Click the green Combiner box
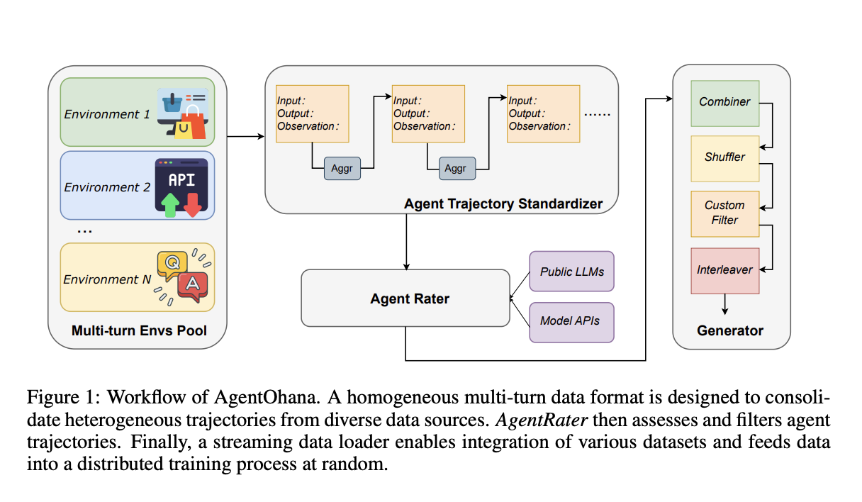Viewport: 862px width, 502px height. tap(724, 101)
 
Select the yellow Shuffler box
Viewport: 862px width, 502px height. tap(724, 157)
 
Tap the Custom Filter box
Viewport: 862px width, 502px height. tap(724, 213)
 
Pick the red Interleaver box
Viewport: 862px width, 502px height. tap(724, 269)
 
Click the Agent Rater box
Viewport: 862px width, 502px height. tap(405, 299)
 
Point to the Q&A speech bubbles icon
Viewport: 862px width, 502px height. tap(180, 278)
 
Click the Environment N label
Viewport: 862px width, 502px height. tap(107, 279)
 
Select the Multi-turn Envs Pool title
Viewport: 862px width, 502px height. tap(139, 330)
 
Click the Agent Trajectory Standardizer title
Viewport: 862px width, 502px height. tap(503, 204)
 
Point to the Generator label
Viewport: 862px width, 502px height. tap(729, 330)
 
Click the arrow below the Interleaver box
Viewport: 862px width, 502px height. tap(724, 305)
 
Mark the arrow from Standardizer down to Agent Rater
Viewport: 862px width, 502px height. tap(405, 241)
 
